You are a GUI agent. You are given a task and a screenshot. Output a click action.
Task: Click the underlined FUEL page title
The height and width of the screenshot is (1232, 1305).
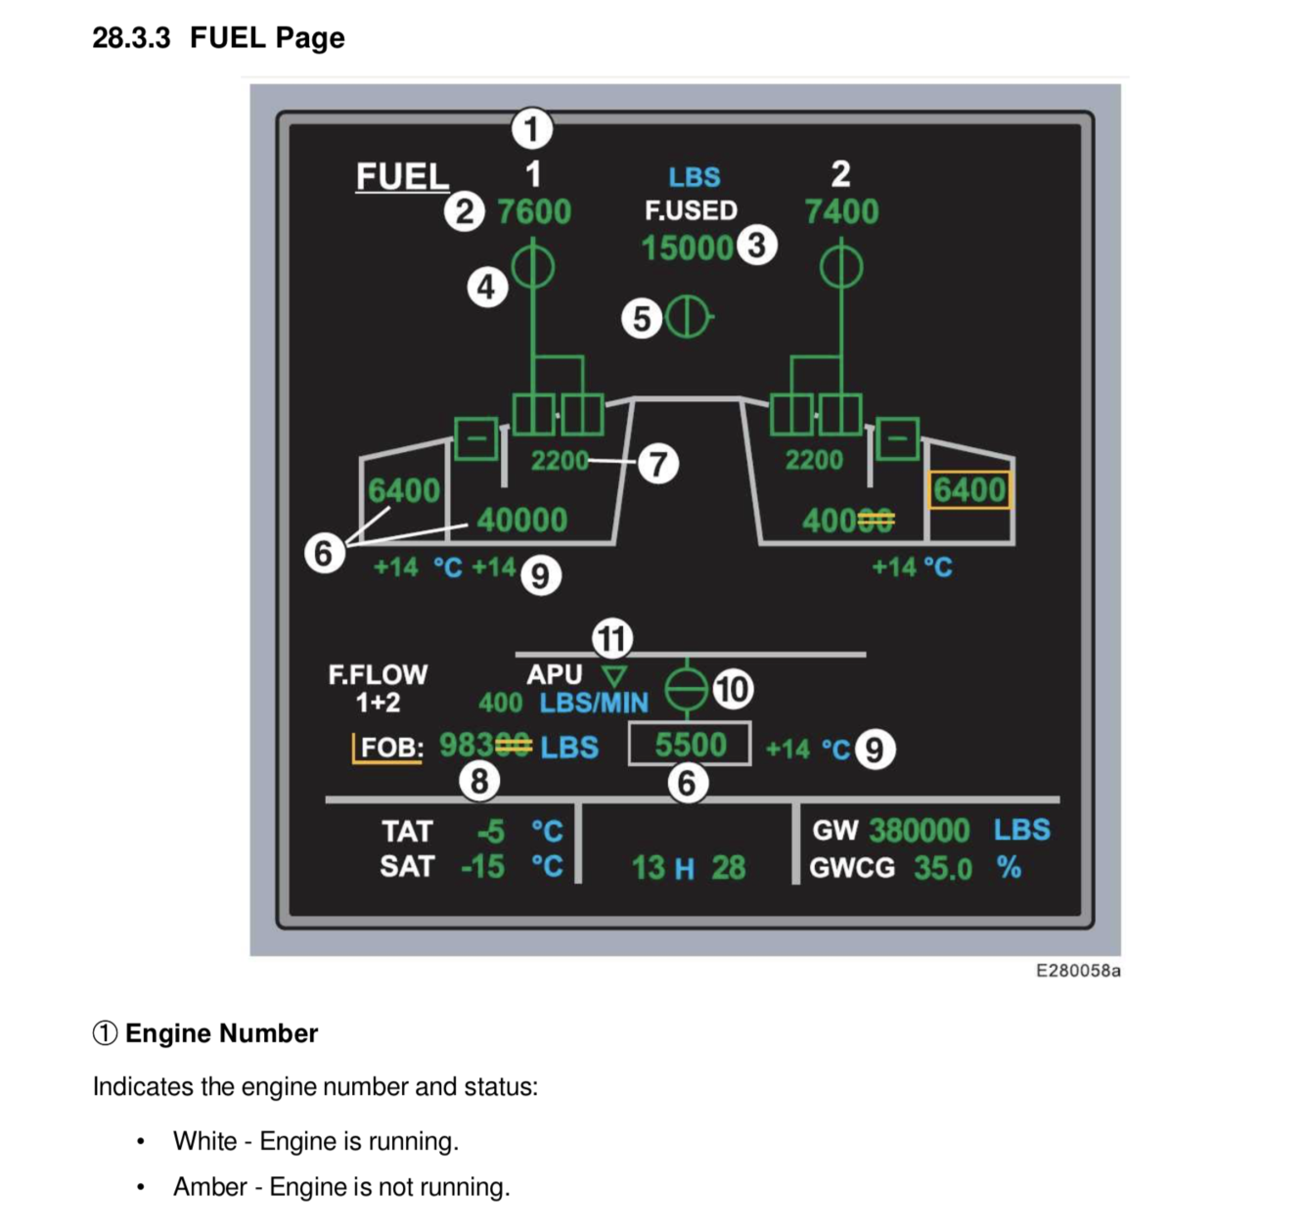click(x=402, y=177)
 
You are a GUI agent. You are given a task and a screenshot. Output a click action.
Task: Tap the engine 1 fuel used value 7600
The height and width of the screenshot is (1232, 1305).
click(x=534, y=211)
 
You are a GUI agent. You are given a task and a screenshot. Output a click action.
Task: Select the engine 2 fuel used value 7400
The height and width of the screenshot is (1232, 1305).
click(x=841, y=211)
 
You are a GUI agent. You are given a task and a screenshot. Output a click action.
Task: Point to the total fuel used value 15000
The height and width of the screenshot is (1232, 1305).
click(x=687, y=248)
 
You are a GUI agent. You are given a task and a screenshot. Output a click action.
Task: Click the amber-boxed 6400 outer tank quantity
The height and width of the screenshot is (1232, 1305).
click(x=968, y=489)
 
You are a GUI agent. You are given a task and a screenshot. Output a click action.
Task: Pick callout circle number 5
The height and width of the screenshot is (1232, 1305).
click(x=642, y=318)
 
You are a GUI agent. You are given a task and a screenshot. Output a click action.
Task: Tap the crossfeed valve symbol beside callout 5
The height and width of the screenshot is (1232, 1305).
click(x=689, y=317)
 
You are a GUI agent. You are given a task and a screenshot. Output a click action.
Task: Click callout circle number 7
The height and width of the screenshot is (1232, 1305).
click(x=658, y=464)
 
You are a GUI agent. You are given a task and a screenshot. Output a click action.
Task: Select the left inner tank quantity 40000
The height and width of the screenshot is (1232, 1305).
click(x=521, y=520)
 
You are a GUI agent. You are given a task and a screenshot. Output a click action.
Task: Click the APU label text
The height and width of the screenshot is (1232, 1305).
click(x=554, y=674)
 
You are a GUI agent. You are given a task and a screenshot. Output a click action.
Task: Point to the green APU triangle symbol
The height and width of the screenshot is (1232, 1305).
click(x=614, y=675)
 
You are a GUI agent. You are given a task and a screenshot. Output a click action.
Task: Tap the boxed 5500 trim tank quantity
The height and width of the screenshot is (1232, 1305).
click(x=690, y=745)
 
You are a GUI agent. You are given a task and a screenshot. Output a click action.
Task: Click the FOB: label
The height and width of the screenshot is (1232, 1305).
click(x=391, y=748)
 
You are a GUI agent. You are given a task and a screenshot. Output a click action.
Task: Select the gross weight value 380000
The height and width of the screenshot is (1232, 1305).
click(x=919, y=831)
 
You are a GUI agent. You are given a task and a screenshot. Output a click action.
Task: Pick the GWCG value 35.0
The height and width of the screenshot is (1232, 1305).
click(x=943, y=868)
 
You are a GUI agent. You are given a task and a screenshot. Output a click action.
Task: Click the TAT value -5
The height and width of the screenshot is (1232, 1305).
click(x=491, y=832)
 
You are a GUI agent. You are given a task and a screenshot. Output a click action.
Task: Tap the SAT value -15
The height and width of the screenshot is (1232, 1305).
click(x=483, y=867)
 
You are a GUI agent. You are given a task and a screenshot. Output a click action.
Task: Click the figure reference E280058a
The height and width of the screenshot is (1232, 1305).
click(x=1078, y=971)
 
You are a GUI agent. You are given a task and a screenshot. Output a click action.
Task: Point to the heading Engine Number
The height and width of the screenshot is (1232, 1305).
click(x=221, y=1033)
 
